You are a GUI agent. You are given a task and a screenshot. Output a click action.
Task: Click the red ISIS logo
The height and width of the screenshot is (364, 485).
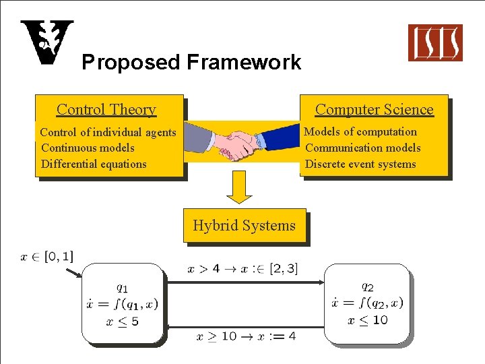coord(435,42)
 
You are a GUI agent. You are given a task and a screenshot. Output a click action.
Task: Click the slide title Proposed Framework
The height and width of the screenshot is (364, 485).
coord(191,63)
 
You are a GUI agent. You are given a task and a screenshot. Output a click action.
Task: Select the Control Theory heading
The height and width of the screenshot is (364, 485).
coord(106,109)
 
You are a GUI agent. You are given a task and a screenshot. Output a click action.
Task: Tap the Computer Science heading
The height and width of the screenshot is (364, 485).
coord(375,109)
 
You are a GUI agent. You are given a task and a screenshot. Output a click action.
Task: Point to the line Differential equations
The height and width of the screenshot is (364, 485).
coord(94,164)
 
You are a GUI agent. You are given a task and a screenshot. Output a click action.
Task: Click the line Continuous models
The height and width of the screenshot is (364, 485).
coord(88,148)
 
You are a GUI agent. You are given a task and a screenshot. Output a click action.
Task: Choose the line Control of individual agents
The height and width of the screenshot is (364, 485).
coord(108,132)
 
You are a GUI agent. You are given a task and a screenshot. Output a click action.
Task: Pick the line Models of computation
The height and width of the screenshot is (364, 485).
coord(360,131)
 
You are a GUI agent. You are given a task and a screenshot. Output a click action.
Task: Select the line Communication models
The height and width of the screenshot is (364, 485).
coord(363,148)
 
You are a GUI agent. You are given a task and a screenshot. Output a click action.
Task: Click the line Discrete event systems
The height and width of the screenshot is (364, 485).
coord(360,164)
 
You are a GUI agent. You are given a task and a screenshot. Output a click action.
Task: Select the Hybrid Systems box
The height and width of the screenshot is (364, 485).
coord(244,225)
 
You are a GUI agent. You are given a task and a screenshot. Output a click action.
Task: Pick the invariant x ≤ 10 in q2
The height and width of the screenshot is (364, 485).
coord(368,320)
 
